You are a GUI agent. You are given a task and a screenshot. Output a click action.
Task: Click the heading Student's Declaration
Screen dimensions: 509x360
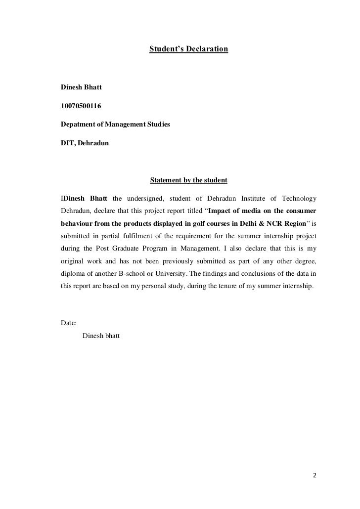pos(188,50)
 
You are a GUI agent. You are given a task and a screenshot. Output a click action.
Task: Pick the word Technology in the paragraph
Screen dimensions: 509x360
pos(299,199)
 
